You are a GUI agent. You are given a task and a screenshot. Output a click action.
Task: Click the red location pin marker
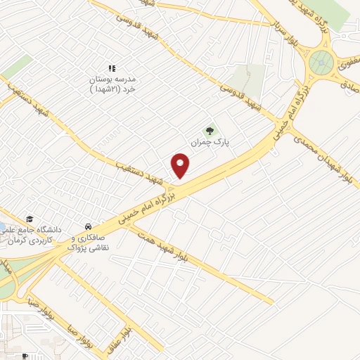[181, 165]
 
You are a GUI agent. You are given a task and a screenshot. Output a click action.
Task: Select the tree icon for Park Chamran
[208, 130]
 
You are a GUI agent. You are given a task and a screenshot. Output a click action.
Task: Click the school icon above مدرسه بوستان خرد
[112, 68]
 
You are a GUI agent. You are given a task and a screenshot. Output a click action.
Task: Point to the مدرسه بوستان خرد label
[112, 84]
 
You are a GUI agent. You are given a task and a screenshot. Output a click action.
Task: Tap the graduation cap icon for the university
[30, 219]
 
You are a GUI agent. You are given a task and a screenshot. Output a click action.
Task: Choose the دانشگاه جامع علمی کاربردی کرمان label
[35, 235]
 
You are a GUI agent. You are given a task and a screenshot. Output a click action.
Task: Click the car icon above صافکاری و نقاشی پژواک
[87, 227]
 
